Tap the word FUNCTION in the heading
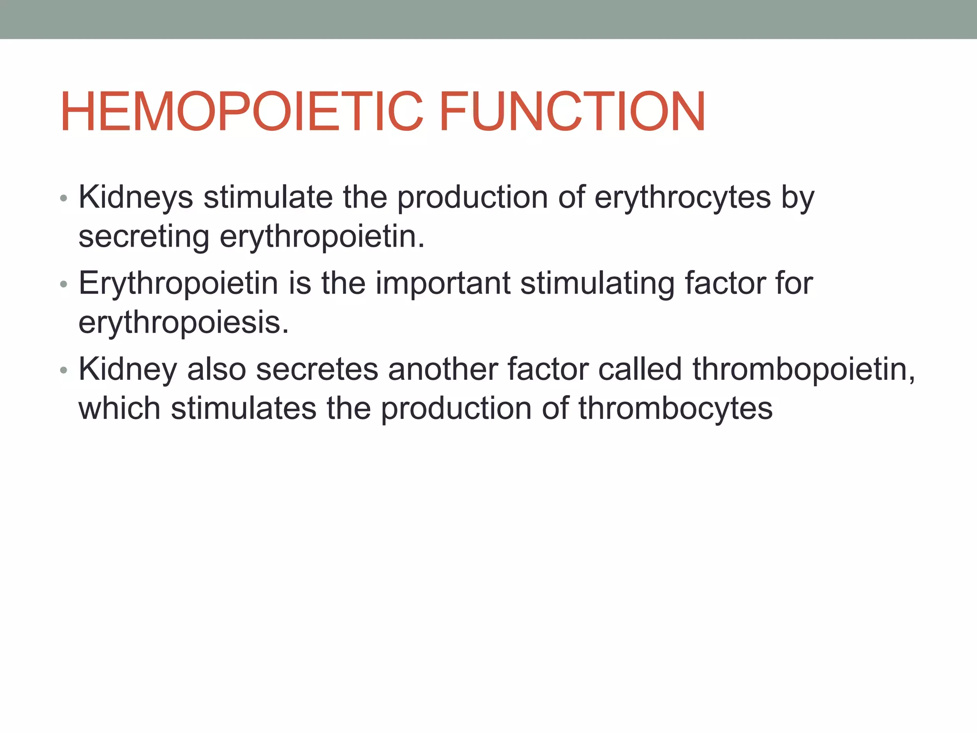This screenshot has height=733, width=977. click(x=572, y=112)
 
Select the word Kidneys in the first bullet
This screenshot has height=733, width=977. click(x=136, y=197)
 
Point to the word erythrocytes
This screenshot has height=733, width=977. click(x=683, y=197)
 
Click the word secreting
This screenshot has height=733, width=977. click(x=144, y=237)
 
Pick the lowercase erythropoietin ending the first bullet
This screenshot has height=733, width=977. click(x=322, y=237)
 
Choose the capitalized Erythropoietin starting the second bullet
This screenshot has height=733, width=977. click(x=178, y=283)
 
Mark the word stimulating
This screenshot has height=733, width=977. click(x=597, y=283)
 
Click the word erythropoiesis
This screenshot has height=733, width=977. click(x=184, y=323)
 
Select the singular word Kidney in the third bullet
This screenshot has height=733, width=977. click(x=128, y=369)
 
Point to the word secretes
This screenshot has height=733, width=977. click(x=317, y=369)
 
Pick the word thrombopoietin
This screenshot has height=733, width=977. click(x=804, y=369)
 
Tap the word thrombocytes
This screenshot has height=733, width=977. click(x=676, y=408)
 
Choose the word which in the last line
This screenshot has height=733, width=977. click(x=119, y=408)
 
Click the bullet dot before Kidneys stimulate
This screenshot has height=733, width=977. click(x=64, y=198)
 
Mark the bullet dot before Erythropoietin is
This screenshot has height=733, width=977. click(x=64, y=284)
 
